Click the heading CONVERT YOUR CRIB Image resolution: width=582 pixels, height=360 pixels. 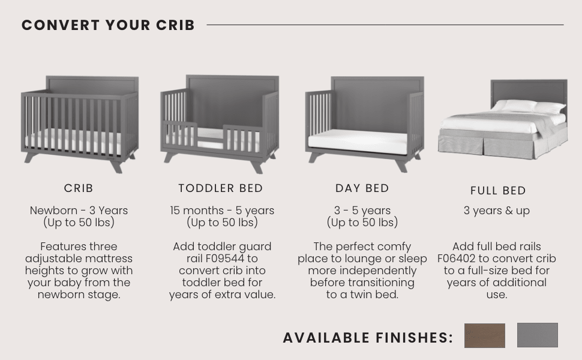108,25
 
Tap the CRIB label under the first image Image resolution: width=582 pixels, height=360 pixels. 79,188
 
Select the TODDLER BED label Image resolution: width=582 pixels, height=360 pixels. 221,188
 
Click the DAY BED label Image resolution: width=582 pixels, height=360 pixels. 362,188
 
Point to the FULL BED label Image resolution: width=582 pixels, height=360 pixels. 498,191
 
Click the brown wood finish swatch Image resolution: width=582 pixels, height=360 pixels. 484,335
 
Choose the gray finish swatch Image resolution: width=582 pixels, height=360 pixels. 537,335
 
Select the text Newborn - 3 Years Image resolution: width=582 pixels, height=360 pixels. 79,211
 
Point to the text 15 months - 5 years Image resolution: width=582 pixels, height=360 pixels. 222,211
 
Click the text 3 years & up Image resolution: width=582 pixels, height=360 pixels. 497,211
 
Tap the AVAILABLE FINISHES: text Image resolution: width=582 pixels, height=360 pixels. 368,338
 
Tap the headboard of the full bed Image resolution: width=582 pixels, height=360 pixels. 528,90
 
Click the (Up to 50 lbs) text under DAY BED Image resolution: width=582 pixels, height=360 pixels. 362,223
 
